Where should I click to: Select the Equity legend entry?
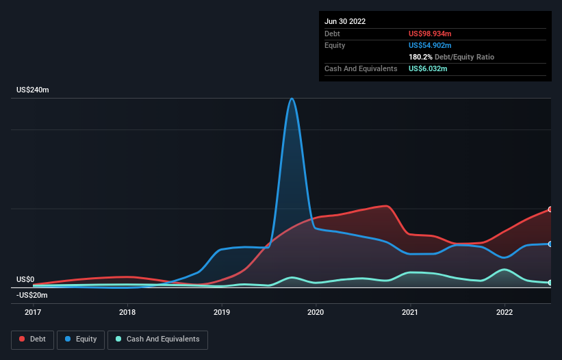tap(80, 339)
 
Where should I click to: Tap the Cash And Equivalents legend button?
tap(157, 339)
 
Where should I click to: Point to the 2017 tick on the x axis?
tap(33, 312)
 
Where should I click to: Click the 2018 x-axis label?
tap(127, 312)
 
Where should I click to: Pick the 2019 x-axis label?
tap(222, 312)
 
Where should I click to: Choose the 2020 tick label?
tap(316, 312)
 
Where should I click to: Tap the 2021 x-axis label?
tap(410, 312)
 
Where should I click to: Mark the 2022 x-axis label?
tap(504, 312)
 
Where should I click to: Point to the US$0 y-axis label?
tap(25, 279)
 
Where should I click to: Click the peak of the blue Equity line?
tap(292, 99)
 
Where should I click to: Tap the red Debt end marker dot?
tap(550, 209)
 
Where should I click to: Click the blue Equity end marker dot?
tap(550, 244)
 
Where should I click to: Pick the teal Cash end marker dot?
tap(550, 283)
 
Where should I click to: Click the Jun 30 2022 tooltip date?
tap(345, 21)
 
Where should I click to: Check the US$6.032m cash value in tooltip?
tap(428, 68)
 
